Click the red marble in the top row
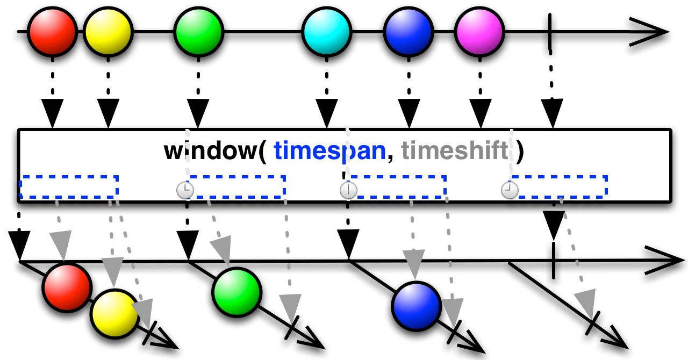[52, 32]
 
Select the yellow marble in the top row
[108, 32]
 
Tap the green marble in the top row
[199, 32]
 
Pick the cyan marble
[327, 32]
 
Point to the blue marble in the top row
[408, 32]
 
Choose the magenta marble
[479, 32]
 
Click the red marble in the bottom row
[67, 287]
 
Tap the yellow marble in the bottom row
[114, 314]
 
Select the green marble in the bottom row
[236, 292]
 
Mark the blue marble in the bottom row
[417, 306]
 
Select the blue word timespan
[329, 151]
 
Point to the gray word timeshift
[455, 151]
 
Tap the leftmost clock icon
[185, 190]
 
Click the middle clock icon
[348, 190]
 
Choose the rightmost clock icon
[510, 190]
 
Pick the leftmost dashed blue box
[69, 187]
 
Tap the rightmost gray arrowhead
[586, 303]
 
